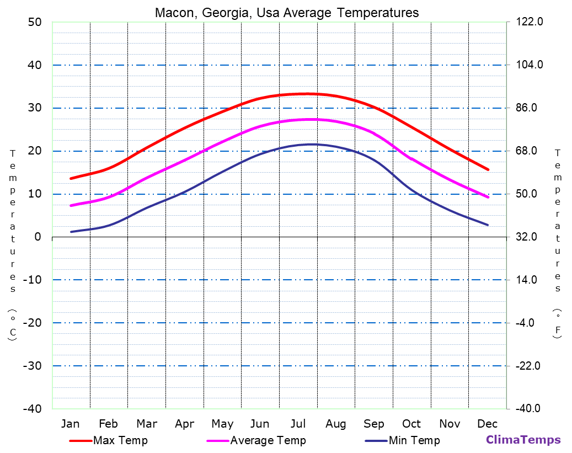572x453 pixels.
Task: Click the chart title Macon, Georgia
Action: pos(287,13)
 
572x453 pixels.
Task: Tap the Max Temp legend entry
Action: pos(120,440)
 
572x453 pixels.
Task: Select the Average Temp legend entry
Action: pos(268,440)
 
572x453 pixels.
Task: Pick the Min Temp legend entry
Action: pos(414,440)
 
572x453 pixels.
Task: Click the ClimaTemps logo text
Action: pos(523,440)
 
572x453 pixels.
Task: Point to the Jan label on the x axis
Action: pos(70,424)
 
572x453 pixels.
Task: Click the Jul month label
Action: pos(298,424)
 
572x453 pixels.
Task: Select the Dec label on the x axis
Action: pos(488,424)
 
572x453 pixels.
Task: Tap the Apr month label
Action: pos(184,424)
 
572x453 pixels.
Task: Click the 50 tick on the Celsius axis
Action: pos(34,22)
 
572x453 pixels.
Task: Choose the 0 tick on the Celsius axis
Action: pos(38,237)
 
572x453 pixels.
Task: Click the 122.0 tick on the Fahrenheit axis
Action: pos(530,22)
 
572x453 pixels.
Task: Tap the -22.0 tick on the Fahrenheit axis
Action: pos(528,366)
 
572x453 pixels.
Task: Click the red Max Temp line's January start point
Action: pos(71,178)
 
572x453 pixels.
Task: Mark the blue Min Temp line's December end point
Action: pos(488,225)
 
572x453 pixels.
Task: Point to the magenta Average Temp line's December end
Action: pos(488,197)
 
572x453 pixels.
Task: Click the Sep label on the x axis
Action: pos(374,424)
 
